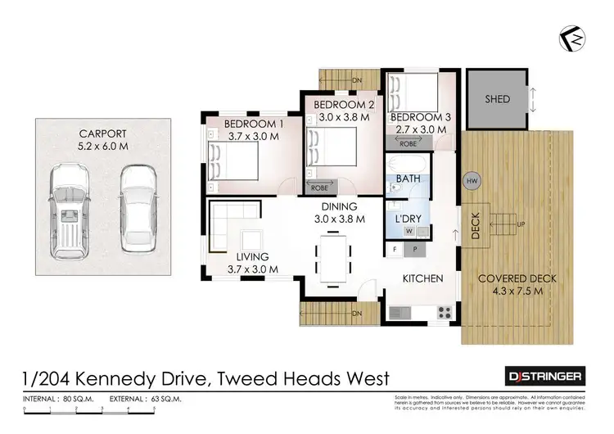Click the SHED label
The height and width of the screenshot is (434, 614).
click(497, 99)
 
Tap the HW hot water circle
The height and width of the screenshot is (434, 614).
click(472, 180)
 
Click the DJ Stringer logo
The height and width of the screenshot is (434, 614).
click(542, 376)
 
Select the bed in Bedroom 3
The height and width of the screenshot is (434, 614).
click(413, 89)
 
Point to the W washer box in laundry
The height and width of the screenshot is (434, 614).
click(409, 231)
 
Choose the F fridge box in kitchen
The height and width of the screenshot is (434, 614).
click(395, 249)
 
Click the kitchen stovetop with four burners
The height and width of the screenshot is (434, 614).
click(445, 311)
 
